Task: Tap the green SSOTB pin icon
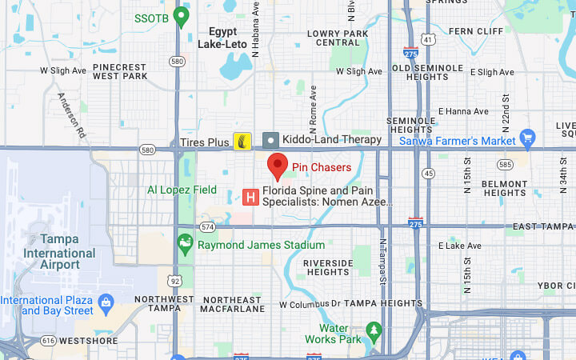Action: (x=182, y=16)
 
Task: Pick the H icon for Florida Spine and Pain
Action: (x=250, y=196)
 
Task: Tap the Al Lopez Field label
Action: (x=182, y=190)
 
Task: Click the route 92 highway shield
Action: (x=175, y=281)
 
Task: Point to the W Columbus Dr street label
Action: (x=310, y=304)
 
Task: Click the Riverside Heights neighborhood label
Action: (x=327, y=268)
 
